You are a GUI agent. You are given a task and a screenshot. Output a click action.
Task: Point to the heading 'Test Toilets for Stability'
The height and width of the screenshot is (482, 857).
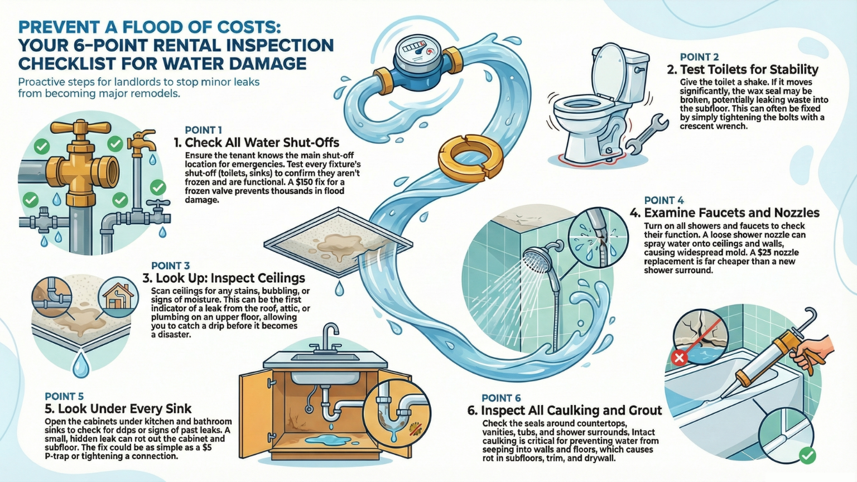743,70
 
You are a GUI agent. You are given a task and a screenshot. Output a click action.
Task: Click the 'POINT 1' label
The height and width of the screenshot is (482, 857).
203,130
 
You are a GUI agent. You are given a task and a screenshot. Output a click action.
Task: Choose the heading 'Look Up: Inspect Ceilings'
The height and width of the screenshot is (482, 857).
224,278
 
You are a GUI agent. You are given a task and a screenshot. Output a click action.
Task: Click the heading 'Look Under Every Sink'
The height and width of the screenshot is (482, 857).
118,409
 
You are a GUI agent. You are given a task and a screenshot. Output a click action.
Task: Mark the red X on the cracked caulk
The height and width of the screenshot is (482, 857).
679,358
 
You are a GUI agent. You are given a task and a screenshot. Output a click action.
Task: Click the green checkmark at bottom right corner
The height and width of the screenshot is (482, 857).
806,455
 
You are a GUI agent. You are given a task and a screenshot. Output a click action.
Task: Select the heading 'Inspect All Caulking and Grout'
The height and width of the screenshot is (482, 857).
565,411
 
